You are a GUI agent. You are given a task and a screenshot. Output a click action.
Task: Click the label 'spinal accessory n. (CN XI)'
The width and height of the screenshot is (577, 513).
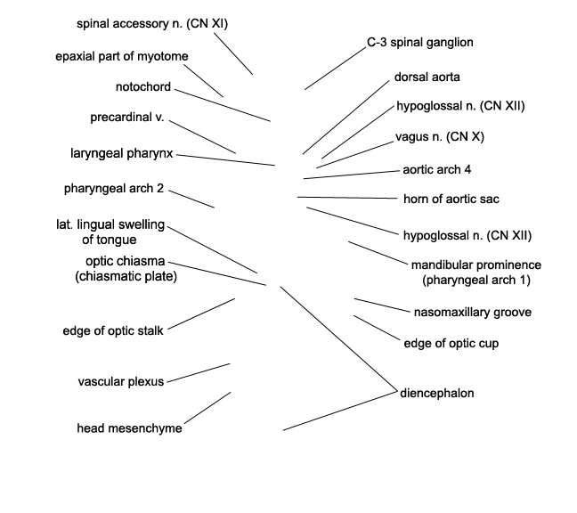tap(152, 23)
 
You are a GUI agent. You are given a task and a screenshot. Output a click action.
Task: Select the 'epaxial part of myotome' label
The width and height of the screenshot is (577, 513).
tap(122, 56)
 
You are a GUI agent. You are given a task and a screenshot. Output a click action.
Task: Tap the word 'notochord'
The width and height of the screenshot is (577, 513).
tap(143, 87)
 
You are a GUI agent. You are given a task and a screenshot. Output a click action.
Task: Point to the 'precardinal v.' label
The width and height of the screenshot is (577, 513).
tap(127, 118)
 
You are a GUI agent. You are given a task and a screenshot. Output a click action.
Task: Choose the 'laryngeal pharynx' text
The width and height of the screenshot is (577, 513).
tap(121, 153)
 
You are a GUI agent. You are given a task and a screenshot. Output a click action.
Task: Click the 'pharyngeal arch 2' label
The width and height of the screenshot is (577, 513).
tap(114, 189)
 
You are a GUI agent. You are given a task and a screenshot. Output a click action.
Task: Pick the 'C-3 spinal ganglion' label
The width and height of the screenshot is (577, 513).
tap(420, 43)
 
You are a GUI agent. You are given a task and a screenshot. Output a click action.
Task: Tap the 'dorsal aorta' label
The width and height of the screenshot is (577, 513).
tap(427, 77)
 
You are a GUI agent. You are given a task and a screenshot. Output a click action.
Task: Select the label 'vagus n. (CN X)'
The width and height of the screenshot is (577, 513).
tap(440, 136)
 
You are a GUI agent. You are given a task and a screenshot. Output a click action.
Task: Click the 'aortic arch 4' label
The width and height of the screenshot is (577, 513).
tap(437, 169)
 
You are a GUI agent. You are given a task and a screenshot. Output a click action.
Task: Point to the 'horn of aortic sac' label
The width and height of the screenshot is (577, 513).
tap(451, 199)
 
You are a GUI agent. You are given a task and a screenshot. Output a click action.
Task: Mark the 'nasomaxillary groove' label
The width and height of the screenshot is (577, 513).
tap(473, 313)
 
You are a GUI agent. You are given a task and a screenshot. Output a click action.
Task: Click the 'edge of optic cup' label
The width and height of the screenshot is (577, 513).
tap(451, 344)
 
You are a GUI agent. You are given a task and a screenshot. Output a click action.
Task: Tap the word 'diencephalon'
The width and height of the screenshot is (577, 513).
tap(437, 393)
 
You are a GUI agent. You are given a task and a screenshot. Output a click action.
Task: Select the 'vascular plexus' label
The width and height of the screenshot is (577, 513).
tap(121, 381)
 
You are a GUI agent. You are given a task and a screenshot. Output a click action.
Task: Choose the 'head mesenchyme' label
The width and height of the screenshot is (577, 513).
tap(129, 428)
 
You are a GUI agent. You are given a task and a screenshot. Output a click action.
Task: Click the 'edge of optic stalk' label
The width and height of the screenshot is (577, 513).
tap(112, 330)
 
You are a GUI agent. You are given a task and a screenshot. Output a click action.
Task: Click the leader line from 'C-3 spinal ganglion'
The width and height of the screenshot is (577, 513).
tap(335, 69)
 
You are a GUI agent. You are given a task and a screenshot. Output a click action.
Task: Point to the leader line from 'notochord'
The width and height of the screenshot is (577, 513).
tap(223, 105)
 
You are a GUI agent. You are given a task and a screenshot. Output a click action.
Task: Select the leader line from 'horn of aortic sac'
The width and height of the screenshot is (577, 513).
tap(347, 198)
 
